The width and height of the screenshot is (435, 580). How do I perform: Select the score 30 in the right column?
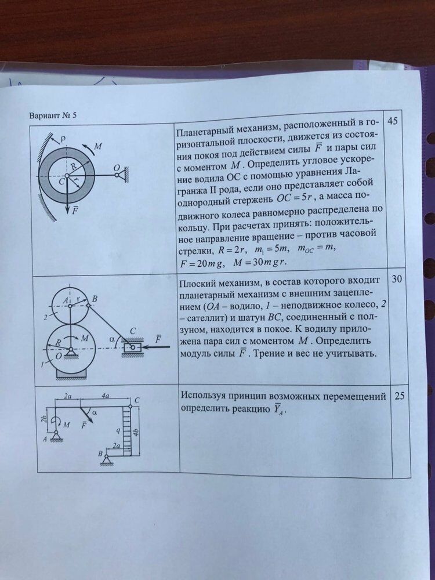397,279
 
